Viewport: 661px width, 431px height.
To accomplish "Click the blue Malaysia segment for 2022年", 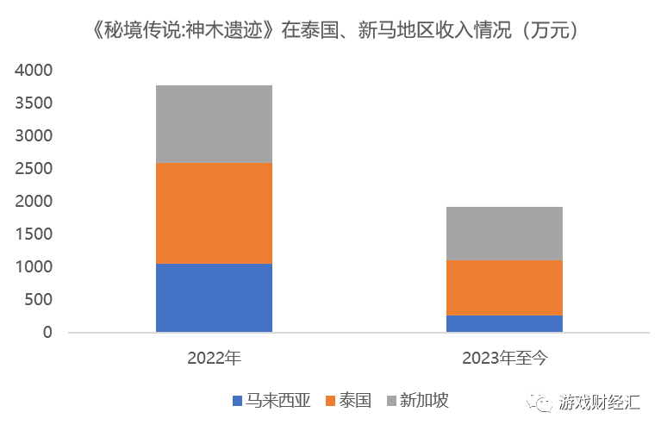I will coord(214,297).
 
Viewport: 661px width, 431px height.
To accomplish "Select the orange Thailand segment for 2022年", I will coord(214,213).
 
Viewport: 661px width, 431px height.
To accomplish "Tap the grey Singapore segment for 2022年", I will coord(214,124).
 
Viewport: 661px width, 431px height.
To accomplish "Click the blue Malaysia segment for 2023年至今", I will coord(504,323).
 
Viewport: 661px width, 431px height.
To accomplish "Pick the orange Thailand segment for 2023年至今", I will coord(504,287).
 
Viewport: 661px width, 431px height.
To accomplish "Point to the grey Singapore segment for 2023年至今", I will coord(504,234).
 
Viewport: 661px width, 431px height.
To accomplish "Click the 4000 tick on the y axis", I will coord(34,71).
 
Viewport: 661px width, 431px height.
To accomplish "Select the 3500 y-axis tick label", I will coord(34,103).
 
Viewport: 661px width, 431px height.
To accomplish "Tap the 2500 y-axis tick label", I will coord(34,169).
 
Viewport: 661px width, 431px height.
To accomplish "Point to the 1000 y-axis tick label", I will coord(34,267).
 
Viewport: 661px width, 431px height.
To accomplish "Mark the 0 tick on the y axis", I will coord(48,333).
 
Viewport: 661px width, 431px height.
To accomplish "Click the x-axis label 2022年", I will coord(214,358).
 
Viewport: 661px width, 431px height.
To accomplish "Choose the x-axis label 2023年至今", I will coord(504,358).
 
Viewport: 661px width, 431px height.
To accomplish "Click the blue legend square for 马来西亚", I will coord(237,401).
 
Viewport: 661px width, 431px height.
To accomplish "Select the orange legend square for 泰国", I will coord(332,401).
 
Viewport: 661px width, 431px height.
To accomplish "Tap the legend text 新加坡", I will coord(424,401).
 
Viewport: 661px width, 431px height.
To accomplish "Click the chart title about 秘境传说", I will coord(331,30).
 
